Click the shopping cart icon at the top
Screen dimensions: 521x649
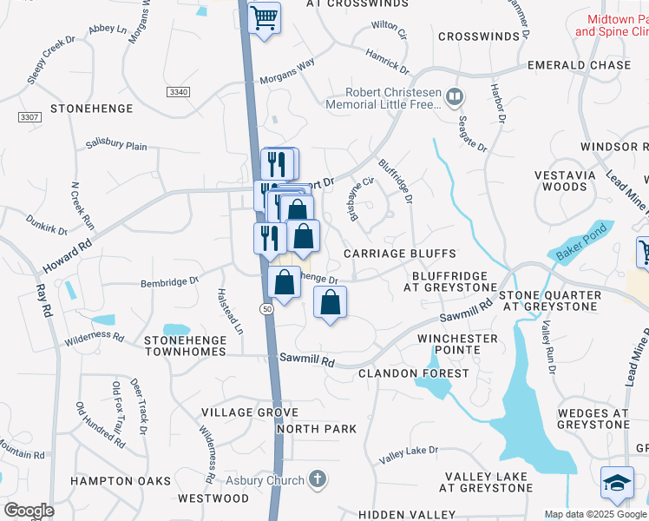pyautogui.click(x=265, y=17)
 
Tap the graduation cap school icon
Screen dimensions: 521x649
pyautogui.click(x=617, y=483)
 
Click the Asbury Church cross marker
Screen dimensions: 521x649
pyautogui.click(x=318, y=478)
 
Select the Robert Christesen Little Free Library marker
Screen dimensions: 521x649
pyautogui.click(x=455, y=96)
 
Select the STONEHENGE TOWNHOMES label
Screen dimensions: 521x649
pyautogui.click(x=185, y=346)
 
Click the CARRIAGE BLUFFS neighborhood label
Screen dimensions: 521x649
pyautogui.click(x=400, y=254)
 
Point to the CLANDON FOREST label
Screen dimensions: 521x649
pyautogui.click(x=414, y=373)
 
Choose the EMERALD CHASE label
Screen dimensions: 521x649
pyautogui.click(x=580, y=65)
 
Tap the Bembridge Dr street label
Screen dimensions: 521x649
pyautogui.click(x=170, y=281)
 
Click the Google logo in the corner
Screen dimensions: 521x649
pyautogui.click(x=29, y=510)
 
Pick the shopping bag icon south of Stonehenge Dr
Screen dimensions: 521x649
pyautogui.click(x=330, y=302)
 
